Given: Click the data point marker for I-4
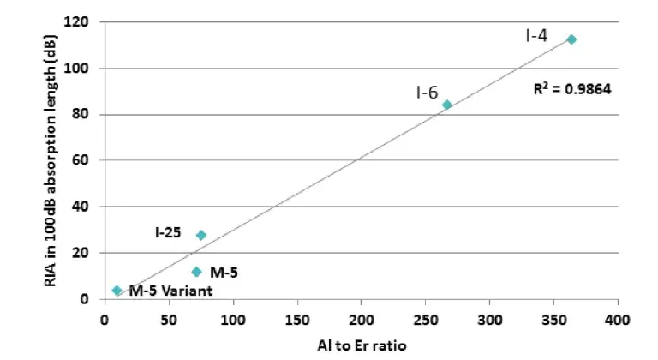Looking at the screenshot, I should pyautogui.click(x=571, y=39).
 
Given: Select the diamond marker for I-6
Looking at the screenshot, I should pyautogui.click(x=447, y=105).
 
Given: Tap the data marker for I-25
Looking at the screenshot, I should pyautogui.click(x=201, y=235).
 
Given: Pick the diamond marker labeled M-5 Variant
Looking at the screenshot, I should pyautogui.click(x=117, y=291).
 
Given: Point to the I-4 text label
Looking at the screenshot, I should pyautogui.click(x=537, y=35).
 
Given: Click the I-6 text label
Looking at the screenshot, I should pyautogui.click(x=428, y=93).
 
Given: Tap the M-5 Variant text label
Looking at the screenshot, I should pyautogui.click(x=170, y=291).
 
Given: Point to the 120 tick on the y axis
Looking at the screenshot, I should pyautogui.click(x=86, y=21).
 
